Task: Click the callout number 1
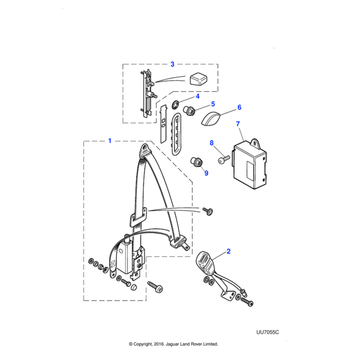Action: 109,141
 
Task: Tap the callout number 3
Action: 172,64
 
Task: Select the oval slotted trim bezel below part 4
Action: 176,134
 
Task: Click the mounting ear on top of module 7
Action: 256,142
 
